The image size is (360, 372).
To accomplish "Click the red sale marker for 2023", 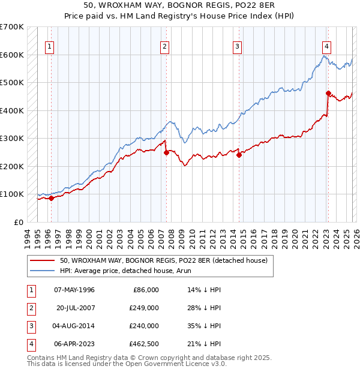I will [328, 93].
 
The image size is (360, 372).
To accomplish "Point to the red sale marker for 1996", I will [52, 198].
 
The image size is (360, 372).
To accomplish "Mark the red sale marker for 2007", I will [166, 152].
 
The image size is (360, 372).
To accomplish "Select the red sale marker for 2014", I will [239, 155].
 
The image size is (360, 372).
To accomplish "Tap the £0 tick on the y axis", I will [18, 222].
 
